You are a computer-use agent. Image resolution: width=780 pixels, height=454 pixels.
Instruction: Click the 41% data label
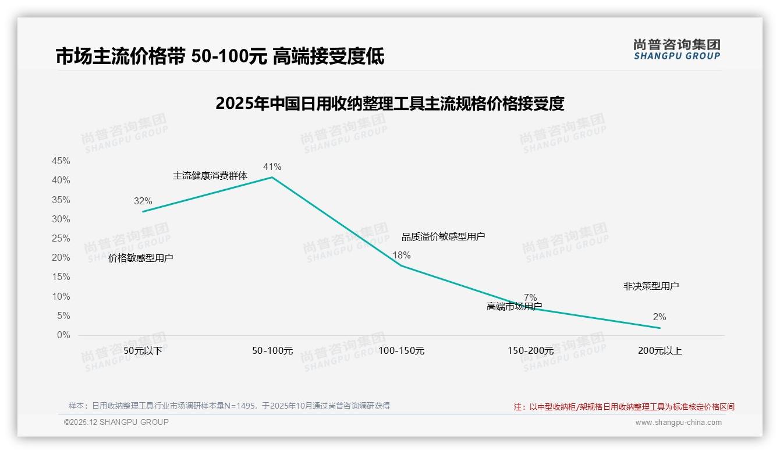pos(272,167)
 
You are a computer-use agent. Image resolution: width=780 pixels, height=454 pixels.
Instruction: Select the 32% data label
pos(143,201)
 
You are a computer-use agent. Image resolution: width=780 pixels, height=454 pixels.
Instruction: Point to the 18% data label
pos(402,255)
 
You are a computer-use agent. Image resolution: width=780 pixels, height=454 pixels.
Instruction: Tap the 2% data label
pos(660,317)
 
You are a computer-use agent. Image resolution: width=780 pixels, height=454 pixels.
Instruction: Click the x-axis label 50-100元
pos(272,351)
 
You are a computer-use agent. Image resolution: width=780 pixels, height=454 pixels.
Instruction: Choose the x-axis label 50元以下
pos(143,351)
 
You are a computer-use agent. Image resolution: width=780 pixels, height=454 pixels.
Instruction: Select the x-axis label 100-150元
pos(402,351)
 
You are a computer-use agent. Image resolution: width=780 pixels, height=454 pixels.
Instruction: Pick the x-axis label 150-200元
pos(530,351)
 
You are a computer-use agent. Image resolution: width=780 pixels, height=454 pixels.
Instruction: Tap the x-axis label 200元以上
pos(660,351)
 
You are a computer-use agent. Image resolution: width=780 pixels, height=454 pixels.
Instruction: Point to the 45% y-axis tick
pos(61,161)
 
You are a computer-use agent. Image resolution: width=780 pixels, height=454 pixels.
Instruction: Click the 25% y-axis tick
pos(61,238)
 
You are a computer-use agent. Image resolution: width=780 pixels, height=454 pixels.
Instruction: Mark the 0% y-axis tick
pos(63,335)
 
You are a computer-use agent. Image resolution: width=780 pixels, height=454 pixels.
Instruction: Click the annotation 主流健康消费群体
pos(210,175)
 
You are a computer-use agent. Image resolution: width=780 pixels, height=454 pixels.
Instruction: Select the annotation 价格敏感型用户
pos(141,258)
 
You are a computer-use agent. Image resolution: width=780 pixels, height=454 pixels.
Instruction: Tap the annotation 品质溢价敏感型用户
pos(444,236)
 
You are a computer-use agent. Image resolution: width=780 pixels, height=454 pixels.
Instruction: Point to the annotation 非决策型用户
pos(651,286)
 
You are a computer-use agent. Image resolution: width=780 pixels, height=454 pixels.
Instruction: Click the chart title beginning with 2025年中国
pos(390,104)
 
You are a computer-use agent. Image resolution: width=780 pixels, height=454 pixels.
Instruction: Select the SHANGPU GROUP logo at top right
pos(677,49)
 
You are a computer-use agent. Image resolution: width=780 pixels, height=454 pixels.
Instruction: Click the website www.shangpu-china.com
pos(678,423)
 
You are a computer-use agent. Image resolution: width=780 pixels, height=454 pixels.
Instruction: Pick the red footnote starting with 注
pos(624,407)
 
